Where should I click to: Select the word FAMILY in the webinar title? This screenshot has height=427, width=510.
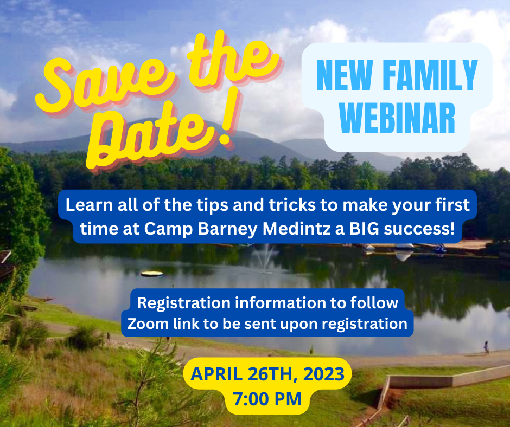click(430, 75)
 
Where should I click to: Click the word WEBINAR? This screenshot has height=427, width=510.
click(397, 118)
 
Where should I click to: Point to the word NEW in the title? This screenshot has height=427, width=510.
click(345, 75)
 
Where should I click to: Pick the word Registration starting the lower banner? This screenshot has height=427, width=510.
click(184, 303)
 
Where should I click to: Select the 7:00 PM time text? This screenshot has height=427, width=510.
click(267, 399)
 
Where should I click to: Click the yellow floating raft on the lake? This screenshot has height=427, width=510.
click(152, 274)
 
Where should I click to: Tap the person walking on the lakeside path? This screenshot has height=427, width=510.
click(486, 347)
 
